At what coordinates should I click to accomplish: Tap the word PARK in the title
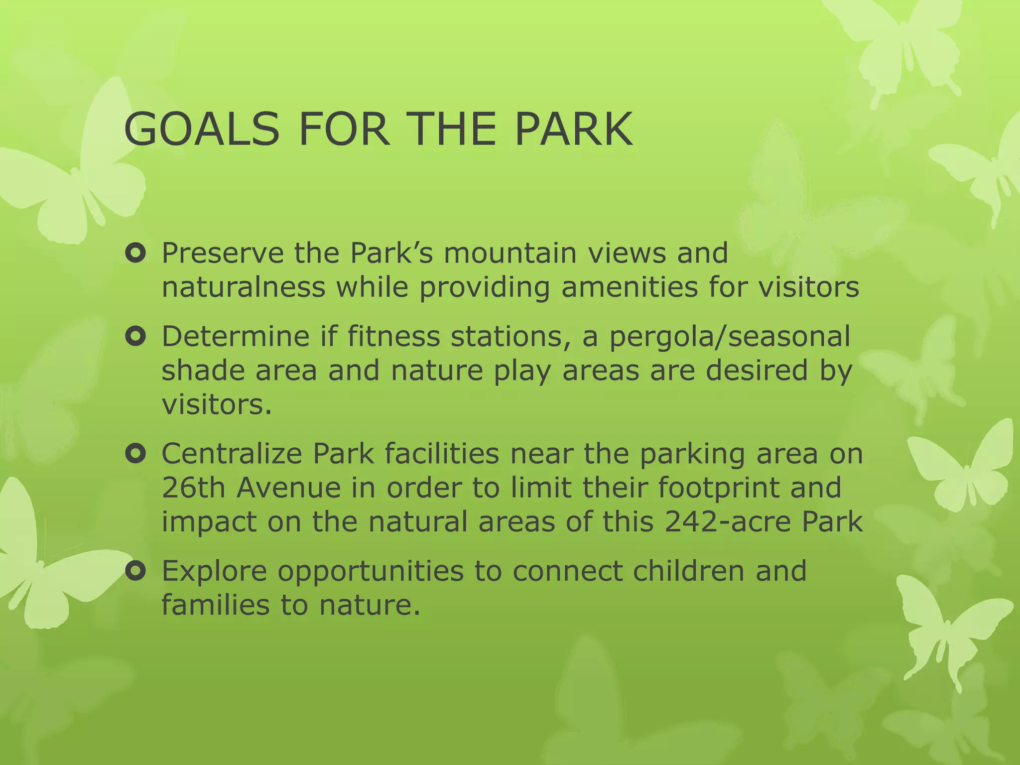tap(573, 129)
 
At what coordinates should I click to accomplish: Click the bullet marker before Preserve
tap(135, 255)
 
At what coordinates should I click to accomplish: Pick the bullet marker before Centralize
tap(135, 454)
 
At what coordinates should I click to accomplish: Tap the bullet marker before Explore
tap(135, 572)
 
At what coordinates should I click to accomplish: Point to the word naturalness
tap(243, 288)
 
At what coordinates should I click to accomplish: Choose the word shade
tap(203, 371)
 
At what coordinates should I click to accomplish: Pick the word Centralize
tap(232, 454)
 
